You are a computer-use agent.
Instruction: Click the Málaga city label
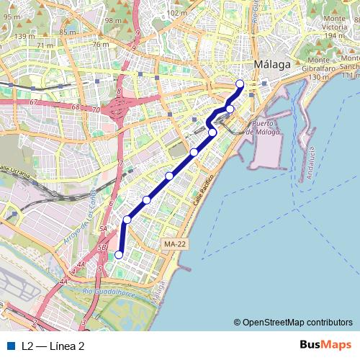[272, 65]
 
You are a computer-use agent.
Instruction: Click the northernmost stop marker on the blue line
[240, 84]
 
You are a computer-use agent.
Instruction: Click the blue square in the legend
[10, 346]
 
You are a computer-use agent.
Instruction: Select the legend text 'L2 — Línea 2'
[53, 346]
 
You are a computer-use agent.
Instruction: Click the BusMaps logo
[325, 345]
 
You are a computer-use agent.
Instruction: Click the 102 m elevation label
[176, 12]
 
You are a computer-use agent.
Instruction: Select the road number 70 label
[96, 109]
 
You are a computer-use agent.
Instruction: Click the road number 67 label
[33, 103]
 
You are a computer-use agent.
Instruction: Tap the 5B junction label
[102, 247]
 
